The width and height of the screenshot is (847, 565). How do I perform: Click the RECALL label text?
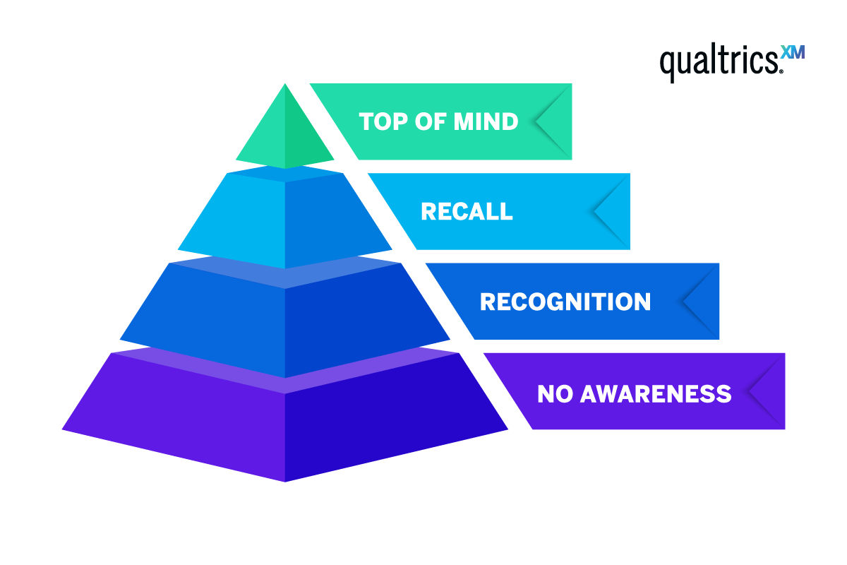coord(467,211)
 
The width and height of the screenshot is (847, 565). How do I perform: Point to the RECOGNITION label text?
coord(565,302)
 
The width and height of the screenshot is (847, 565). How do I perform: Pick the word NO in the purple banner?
coord(553,393)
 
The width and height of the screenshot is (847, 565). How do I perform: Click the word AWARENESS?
coord(654,393)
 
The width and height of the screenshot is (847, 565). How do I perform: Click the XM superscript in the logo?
coord(793,53)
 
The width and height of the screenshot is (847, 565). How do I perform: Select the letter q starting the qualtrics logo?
coord(668,65)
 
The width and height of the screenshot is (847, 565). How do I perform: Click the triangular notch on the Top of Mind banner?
coord(554,121)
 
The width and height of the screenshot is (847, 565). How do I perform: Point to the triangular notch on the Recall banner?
coord(612,211)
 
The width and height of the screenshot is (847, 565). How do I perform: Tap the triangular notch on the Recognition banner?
coord(700,302)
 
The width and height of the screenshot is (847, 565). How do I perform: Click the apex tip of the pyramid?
coord(285,85)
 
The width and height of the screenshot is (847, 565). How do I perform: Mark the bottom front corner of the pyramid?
coord(285,481)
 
